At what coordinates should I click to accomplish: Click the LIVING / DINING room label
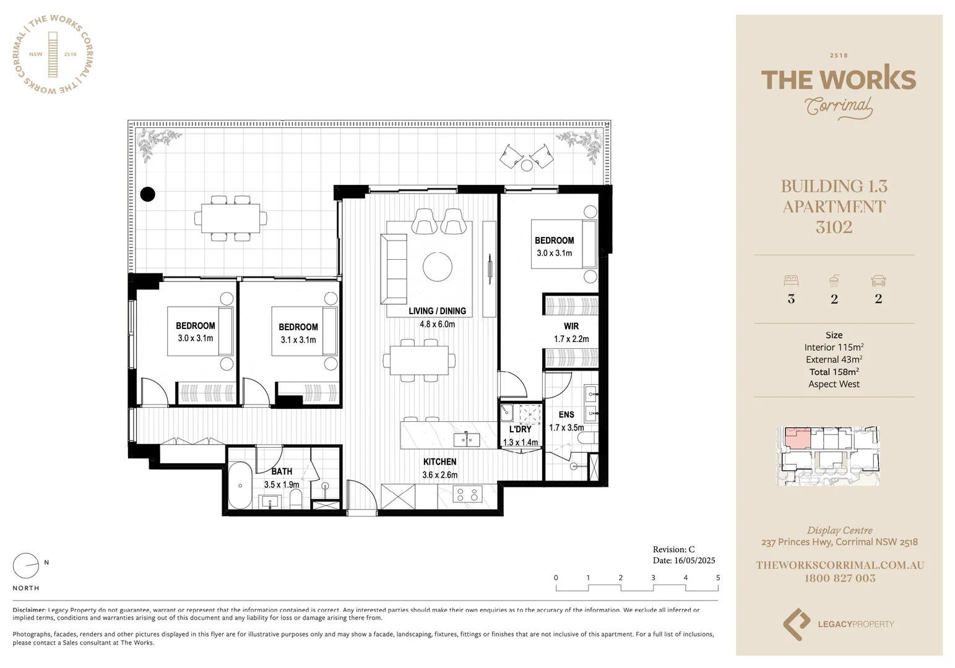[437, 311]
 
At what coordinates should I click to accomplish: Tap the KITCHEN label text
[439, 462]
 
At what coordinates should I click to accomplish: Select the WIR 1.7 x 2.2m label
[571, 332]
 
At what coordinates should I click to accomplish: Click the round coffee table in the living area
[438, 267]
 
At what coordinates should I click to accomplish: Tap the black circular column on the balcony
[147, 194]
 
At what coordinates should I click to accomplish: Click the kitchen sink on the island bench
[467, 440]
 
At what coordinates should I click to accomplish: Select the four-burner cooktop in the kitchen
[467, 494]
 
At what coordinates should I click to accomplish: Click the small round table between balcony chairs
[527, 165]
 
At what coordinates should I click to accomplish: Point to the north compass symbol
[26, 565]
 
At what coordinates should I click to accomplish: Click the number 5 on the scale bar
[718, 578]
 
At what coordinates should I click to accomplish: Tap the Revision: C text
[673, 549]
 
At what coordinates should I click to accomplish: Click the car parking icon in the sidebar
[878, 281]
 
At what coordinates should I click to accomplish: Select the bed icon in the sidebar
[791, 281]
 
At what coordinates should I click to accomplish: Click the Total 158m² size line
[834, 372]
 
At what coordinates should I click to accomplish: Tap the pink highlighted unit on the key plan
[797, 438]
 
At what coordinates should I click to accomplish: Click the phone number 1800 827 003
[839, 578]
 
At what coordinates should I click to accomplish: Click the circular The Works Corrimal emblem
[53, 54]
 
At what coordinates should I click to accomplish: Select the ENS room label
[566, 414]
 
